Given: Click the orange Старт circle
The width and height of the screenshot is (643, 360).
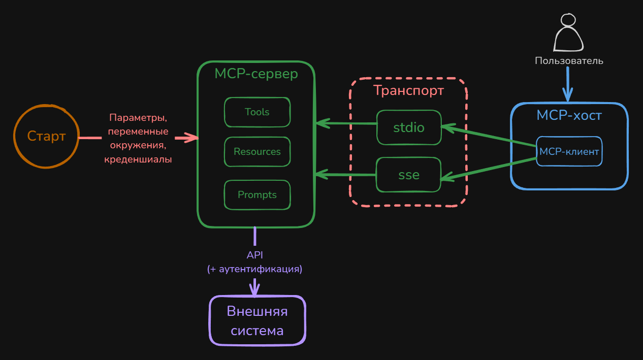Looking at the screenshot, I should (x=46, y=136).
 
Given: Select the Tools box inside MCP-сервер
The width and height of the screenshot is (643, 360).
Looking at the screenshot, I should (x=257, y=112).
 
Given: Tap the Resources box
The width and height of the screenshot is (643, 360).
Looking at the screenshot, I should (x=257, y=151).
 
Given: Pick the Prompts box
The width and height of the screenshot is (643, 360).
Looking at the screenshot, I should (x=257, y=194).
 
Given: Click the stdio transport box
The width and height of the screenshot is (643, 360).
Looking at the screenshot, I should (x=409, y=127).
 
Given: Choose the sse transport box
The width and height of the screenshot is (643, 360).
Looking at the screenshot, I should (x=409, y=175).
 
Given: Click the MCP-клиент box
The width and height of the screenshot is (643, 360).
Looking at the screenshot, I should (x=569, y=151).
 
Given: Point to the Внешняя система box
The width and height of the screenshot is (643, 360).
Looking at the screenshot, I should (x=257, y=321).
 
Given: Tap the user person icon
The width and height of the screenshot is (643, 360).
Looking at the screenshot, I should (x=568, y=33).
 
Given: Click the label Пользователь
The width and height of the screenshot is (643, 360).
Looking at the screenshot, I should (x=569, y=61).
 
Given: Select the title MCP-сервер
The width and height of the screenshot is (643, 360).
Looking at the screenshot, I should (x=256, y=74).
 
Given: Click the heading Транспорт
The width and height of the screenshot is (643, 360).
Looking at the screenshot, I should (x=408, y=90).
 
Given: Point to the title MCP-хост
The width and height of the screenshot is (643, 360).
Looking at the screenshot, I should (x=569, y=115).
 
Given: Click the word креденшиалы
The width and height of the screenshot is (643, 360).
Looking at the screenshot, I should (x=138, y=159).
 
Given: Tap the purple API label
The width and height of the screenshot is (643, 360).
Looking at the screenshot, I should (x=254, y=255).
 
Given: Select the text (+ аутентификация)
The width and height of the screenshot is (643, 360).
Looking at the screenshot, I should (x=254, y=269).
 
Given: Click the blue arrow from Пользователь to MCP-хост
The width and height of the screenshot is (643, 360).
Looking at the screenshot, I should (x=568, y=84).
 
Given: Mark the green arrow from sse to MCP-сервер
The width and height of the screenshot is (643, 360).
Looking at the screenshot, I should (x=345, y=175).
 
